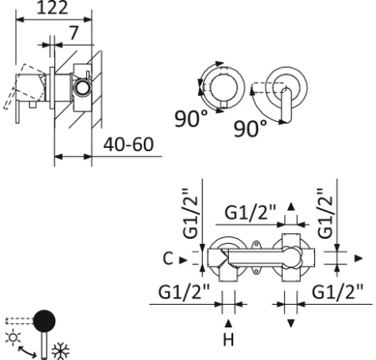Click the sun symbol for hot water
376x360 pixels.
coord(13,338)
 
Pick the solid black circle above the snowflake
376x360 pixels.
coord(44,319)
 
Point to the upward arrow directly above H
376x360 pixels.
coord(227,322)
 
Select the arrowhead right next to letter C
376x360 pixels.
coord(184,260)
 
